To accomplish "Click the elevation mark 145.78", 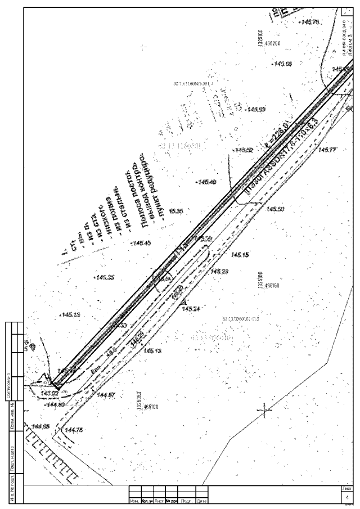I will [310, 22].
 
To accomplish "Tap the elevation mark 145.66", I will [282, 65].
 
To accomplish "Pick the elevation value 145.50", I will [275, 209].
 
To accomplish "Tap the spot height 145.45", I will [141, 243].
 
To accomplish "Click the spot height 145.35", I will [105, 277].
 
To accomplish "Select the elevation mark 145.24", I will [192, 309].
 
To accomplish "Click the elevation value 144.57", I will [106, 395].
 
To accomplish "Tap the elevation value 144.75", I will [74, 430].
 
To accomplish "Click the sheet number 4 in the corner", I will [347, 498].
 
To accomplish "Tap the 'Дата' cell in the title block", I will [202, 500].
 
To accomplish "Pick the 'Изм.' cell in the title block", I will [135, 500].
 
